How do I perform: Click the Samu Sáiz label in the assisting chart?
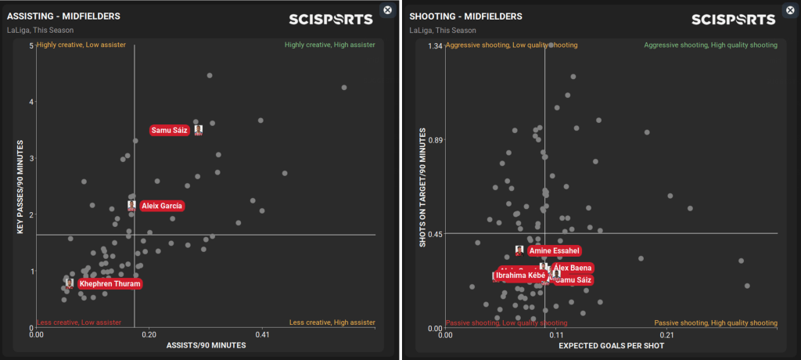click(170, 130)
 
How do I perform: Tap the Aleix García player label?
click(162, 206)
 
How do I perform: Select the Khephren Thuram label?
click(110, 284)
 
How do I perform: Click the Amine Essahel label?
click(554, 251)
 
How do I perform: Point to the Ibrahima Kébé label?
click(519, 275)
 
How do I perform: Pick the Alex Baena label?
click(573, 268)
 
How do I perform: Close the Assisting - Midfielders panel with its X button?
click(386, 9)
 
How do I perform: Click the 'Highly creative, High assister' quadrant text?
click(329, 45)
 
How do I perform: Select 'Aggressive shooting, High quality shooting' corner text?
click(710, 45)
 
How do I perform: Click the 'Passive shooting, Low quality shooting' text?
click(506, 322)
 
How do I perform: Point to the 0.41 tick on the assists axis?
click(262, 334)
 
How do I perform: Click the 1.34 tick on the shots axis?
click(435, 45)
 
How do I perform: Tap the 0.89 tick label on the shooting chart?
click(435, 140)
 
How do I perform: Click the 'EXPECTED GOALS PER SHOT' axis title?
click(611, 345)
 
